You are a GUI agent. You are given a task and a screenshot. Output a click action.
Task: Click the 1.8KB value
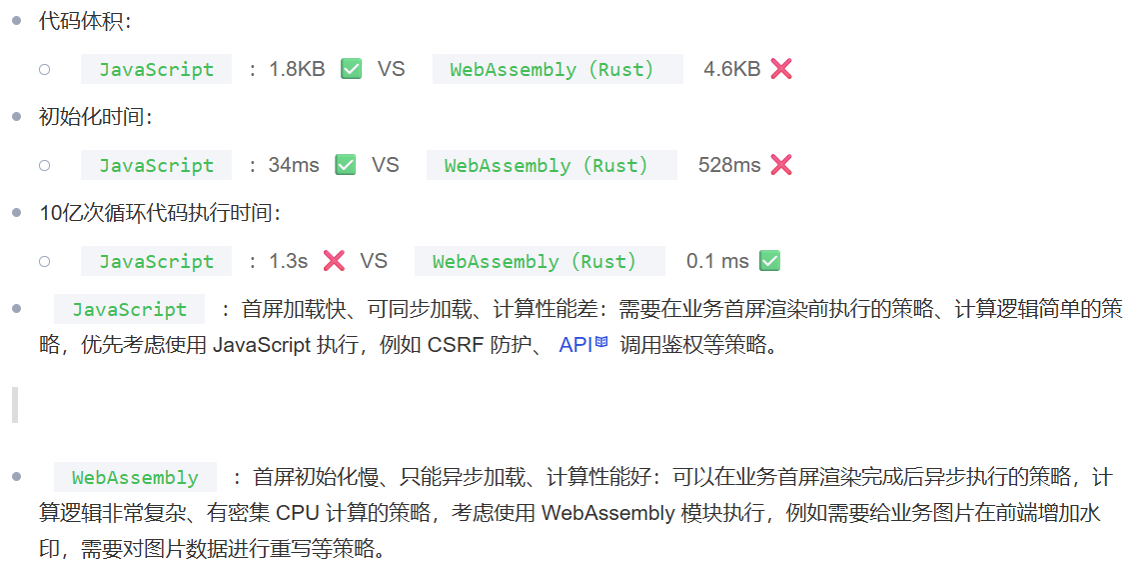[297, 69]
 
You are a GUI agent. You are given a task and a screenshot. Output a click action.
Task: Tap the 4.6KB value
[731, 69]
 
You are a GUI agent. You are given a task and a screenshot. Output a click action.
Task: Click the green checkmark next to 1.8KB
[351, 69]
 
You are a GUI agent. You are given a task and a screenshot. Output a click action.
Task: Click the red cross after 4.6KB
[781, 69]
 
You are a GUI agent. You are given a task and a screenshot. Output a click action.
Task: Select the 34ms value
[294, 165]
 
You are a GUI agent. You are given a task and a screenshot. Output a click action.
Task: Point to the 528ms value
[728, 165]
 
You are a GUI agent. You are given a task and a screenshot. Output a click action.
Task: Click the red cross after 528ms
[781, 165]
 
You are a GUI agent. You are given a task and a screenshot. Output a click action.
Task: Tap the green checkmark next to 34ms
[346, 165]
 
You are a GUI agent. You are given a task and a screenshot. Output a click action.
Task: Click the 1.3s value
[289, 261]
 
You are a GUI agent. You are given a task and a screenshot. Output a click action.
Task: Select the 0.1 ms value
[716, 261]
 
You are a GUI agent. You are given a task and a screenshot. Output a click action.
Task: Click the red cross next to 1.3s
[334, 261]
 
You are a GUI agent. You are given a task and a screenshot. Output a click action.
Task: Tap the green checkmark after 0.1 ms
[769, 261]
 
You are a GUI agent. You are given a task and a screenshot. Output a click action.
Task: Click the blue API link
[576, 345]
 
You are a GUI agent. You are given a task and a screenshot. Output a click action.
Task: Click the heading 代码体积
[84, 21]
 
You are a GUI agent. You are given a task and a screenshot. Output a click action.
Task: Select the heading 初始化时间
[95, 117]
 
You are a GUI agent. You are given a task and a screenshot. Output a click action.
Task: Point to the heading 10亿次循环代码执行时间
[159, 213]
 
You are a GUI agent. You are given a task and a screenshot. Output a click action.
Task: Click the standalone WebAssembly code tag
[135, 478]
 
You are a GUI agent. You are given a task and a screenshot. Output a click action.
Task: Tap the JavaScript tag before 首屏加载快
[129, 310]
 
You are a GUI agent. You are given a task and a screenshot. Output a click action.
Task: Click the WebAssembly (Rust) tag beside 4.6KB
[552, 69]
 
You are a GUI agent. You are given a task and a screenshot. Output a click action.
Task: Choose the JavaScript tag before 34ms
[156, 165]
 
